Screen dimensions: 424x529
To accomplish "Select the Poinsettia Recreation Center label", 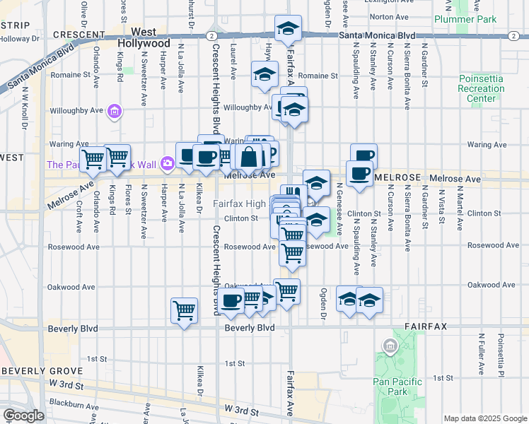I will point(482,88).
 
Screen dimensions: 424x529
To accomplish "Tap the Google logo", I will point(24,416).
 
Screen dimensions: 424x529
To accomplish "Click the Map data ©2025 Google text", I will point(484,418).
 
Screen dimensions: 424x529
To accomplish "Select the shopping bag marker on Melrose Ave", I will point(249,156).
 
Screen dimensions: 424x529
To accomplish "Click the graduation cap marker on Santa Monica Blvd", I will point(288,29).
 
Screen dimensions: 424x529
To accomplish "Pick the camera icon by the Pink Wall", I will point(168,164).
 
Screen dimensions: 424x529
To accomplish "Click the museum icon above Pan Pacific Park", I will point(389,346).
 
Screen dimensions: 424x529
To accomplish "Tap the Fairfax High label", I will point(240,204).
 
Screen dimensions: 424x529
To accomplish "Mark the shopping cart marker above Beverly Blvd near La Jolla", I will point(184,310).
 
